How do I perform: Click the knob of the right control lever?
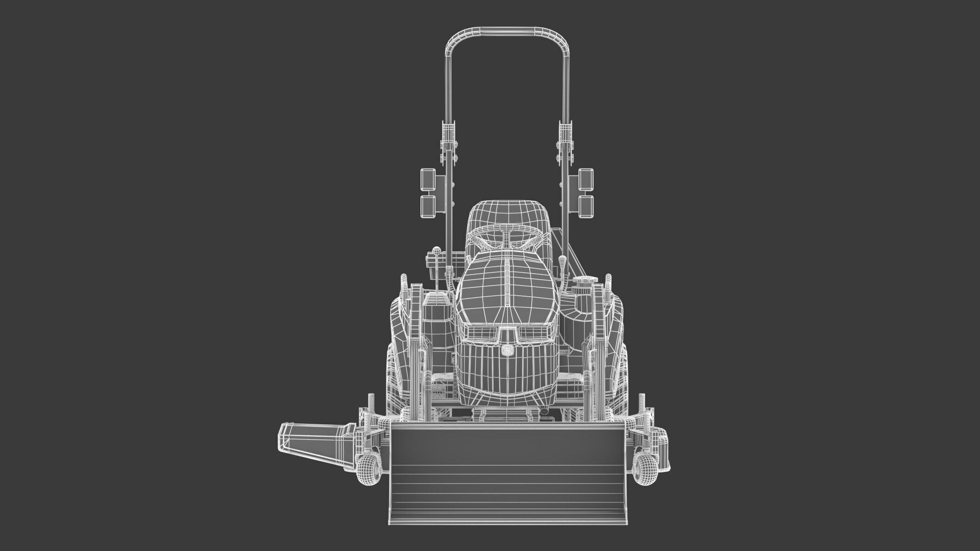click(562, 260)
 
